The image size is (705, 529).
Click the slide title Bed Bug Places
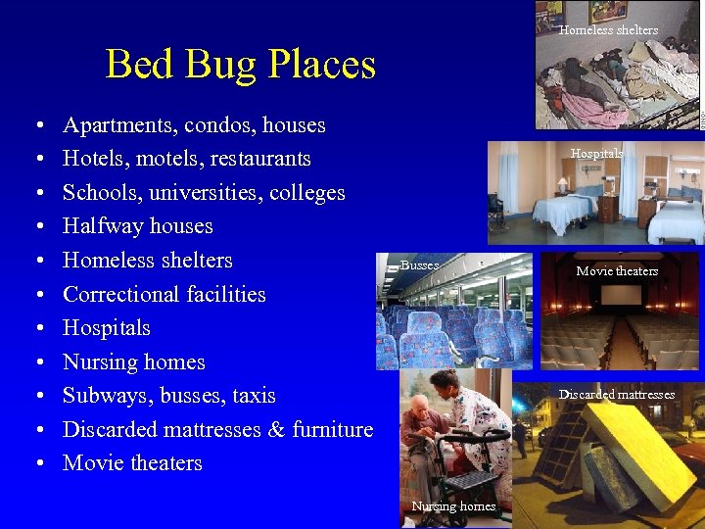(240, 65)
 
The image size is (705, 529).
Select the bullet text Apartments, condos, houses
(194, 125)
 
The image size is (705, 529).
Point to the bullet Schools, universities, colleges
(204, 192)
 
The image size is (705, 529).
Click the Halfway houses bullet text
(137, 226)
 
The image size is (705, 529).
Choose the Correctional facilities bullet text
(164, 294)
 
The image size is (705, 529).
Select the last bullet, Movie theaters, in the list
(132, 463)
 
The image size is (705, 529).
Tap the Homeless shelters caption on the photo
(608, 30)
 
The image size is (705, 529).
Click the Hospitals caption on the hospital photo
(596, 154)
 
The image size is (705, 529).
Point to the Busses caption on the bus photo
(420, 265)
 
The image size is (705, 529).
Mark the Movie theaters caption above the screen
(617, 271)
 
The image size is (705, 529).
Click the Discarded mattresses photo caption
(617, 395)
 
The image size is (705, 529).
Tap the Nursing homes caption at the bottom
(453, 506)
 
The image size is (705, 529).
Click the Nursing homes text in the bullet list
(133, 362)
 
